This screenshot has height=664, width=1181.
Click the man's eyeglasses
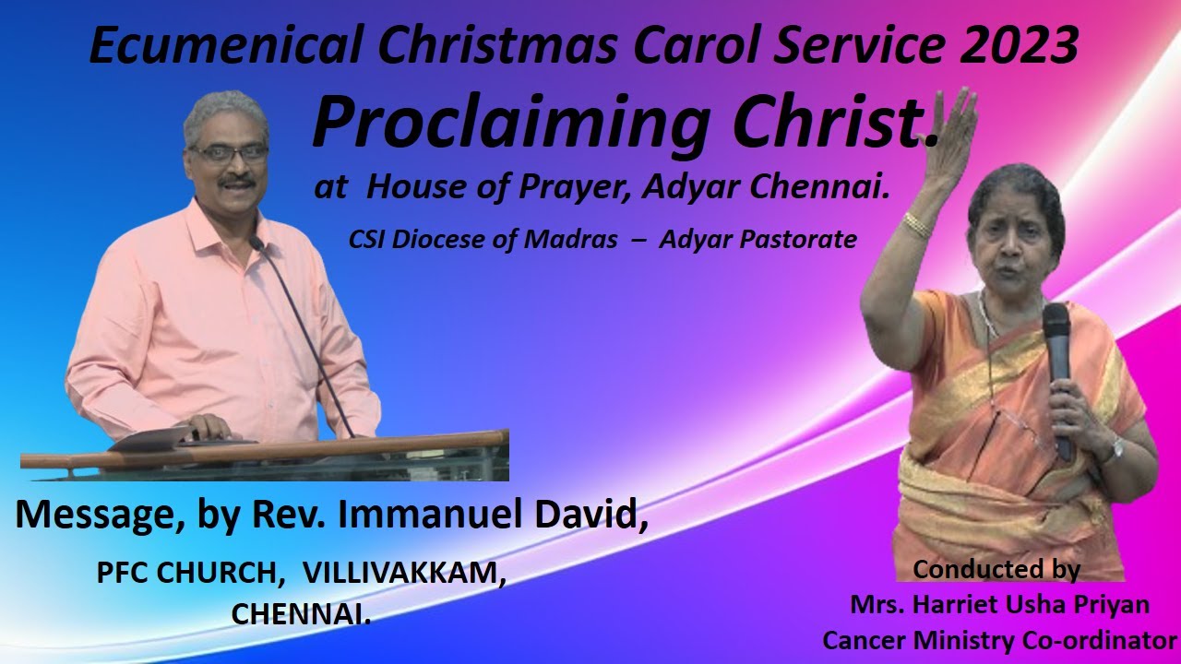pyautogui.click(x=228, y=153)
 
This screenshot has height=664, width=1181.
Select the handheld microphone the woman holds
pyautogui.click(x=1058, y=369)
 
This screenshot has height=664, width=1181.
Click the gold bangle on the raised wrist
pyautogui.click(x=917, y=225)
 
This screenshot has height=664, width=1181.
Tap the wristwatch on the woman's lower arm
pyautogui.click(x=1115, y=451)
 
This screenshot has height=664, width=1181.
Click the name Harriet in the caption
pyautogui.click(x=955, y=605)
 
